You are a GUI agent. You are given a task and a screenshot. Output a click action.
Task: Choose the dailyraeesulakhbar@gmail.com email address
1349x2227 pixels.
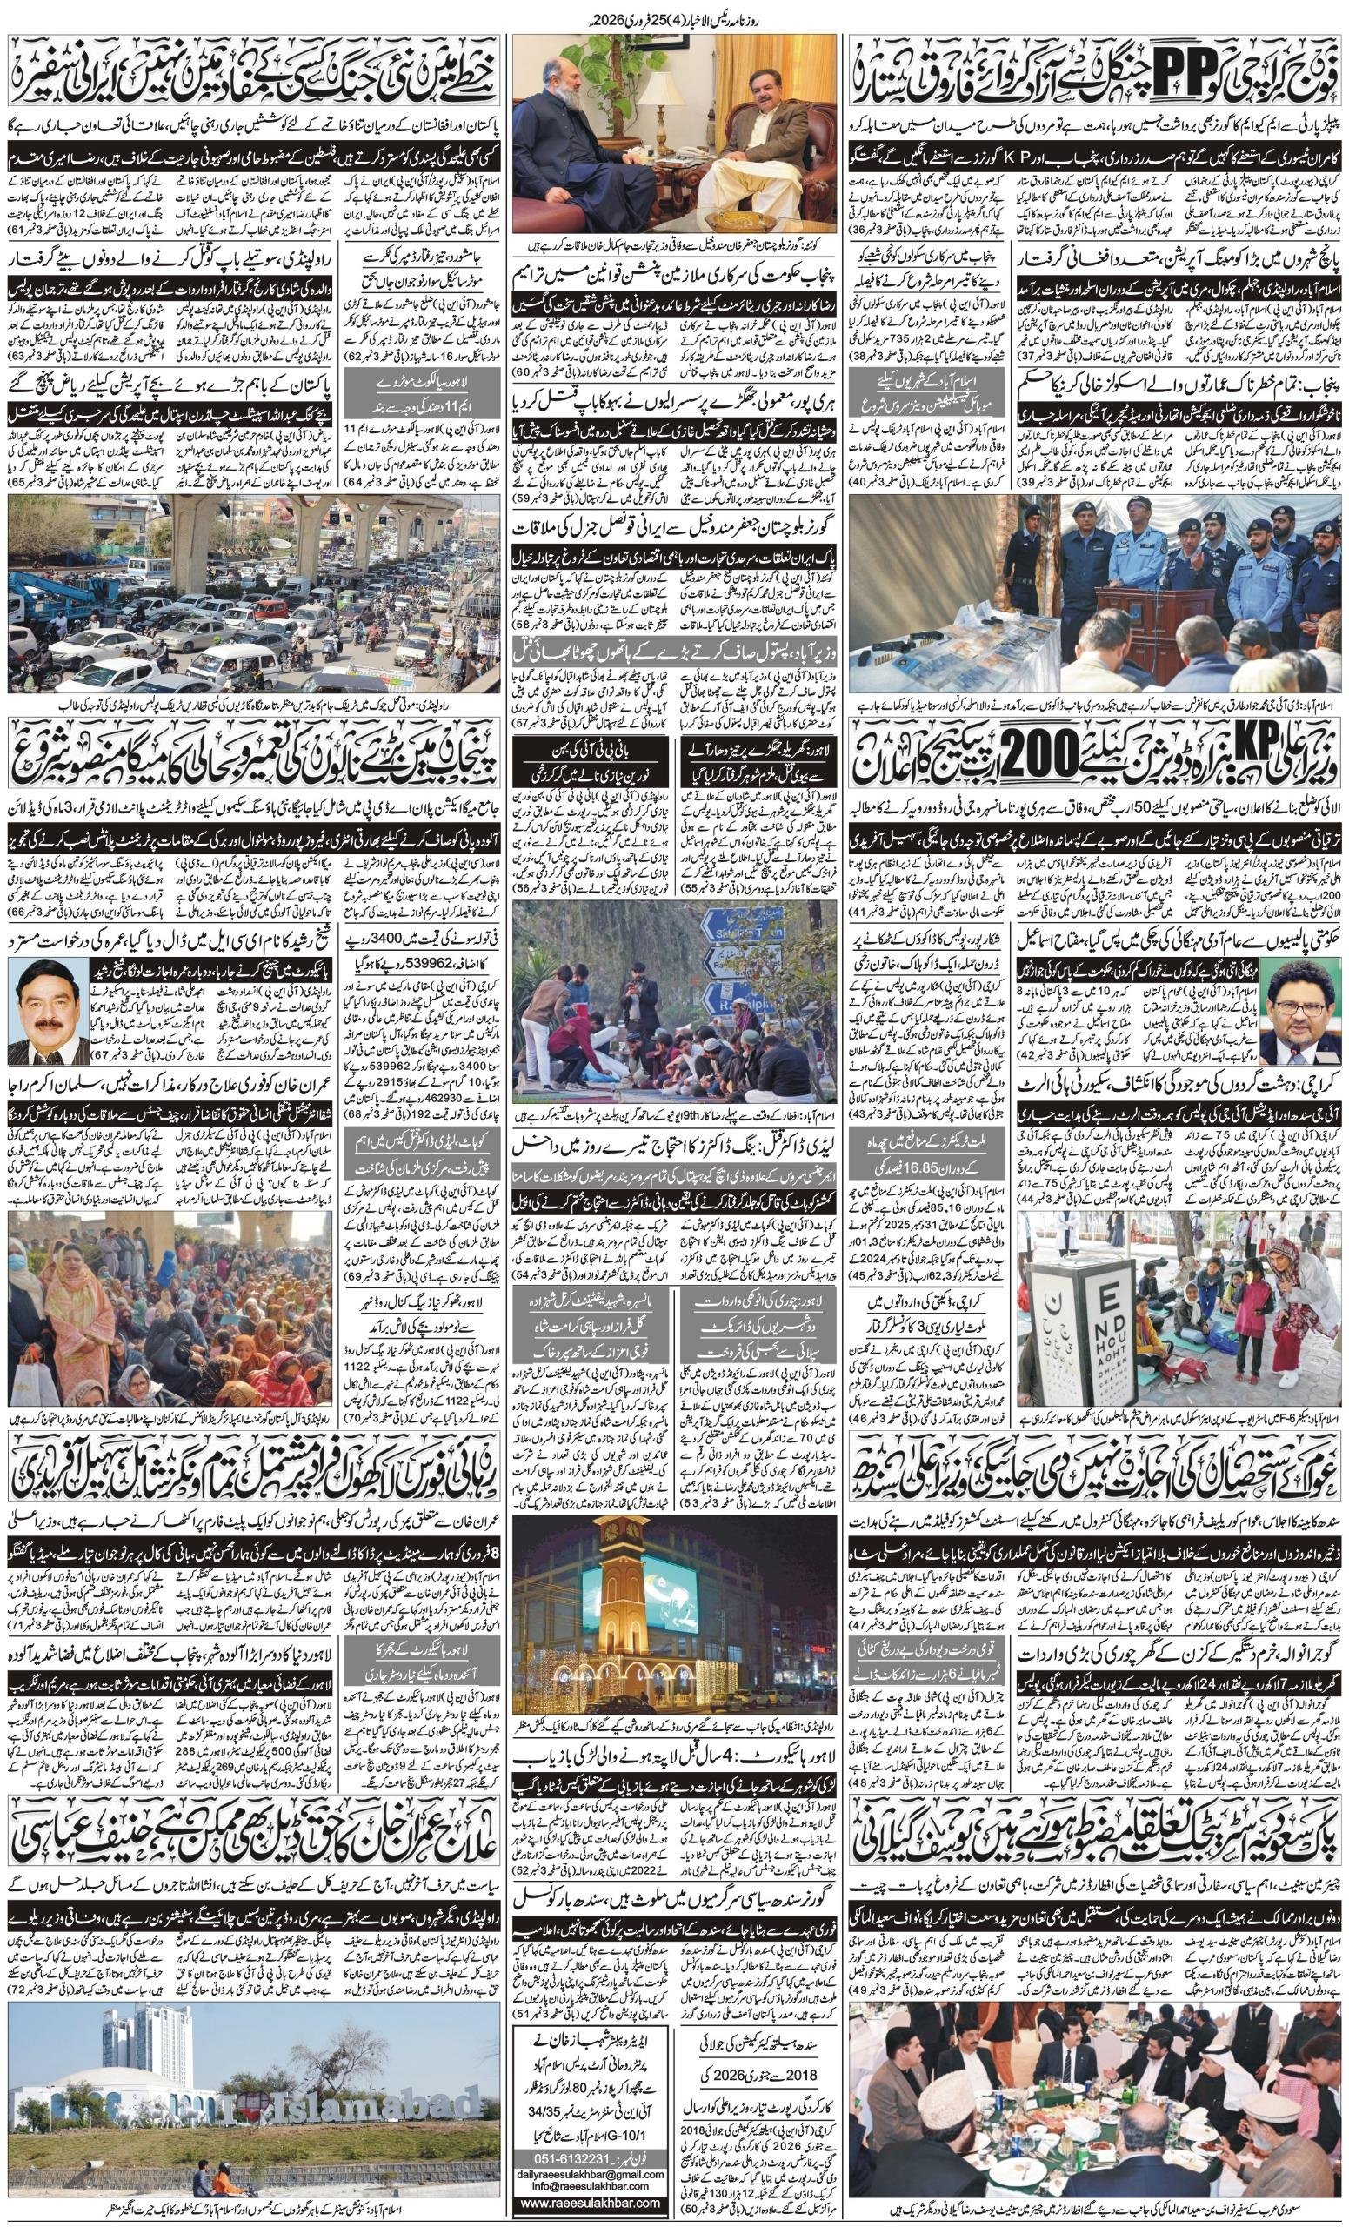586,2162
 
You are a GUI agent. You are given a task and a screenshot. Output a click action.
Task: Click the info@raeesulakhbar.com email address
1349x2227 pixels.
586,2176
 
